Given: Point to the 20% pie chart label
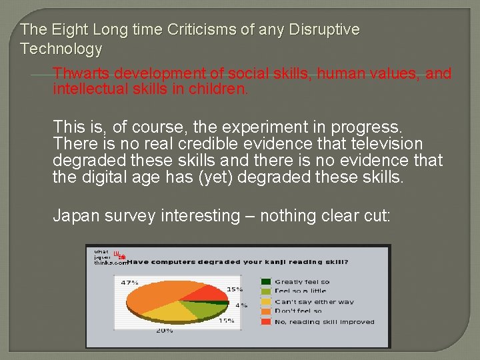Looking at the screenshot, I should [165, 330].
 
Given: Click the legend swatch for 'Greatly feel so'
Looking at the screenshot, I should [266, 282].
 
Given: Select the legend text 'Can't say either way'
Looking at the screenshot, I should [315, 302].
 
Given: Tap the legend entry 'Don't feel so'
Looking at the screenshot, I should [298, 311].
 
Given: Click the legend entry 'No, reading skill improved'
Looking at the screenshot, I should [325, 321].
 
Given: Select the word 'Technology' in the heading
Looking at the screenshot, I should [61, 49].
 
